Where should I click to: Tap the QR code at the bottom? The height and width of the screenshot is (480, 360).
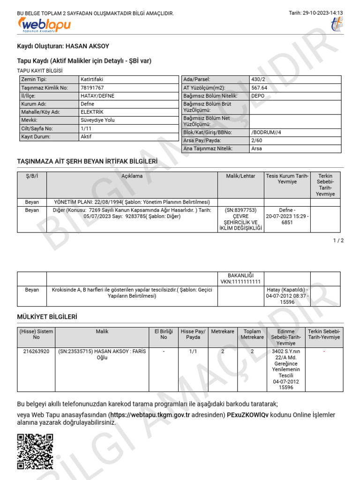pyautogui.click(x=35, y=451)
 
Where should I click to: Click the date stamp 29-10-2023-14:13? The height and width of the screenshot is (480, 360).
pyautogui.click(x=316, y=13)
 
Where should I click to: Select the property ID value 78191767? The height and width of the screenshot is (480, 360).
pyautogui.click(x=92, y=88)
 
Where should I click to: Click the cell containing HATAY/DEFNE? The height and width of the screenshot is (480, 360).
pyautogui.click(x=97, y=96)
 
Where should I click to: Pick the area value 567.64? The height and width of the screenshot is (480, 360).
pyautogui.click(x=259, y=88)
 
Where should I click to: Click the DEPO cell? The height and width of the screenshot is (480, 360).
pyautogui.click(x=258, y=96)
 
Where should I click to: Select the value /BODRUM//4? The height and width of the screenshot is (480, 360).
pyautogui.click(x=266, y=133)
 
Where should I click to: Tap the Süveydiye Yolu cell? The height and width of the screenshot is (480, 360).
pyautogui.click(x=97, y=120)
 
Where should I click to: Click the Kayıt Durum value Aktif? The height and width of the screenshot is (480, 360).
pyautogui.click(x=86, y=137)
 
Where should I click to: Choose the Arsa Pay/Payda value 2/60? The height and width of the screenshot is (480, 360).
pyautogui.click(x=256, y=141)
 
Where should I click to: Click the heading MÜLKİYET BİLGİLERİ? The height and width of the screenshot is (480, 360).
pyautogui.click(x=47, y=317)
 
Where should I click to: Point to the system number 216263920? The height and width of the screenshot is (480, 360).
pyautogui.click(x=36, y=351)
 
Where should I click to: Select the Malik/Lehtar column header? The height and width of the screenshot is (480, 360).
pyautogui.click(x=240, y=176)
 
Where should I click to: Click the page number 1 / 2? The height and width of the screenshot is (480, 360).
pyautogui.click(x=338, y=240)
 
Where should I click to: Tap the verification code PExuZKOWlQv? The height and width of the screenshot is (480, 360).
pyautogui.click(x=247, y=415)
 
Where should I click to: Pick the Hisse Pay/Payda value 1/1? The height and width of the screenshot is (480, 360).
pyautogui.click(x=193, y=351)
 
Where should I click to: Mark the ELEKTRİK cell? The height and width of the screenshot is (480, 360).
pyautogui.click(x=92, y=112)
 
